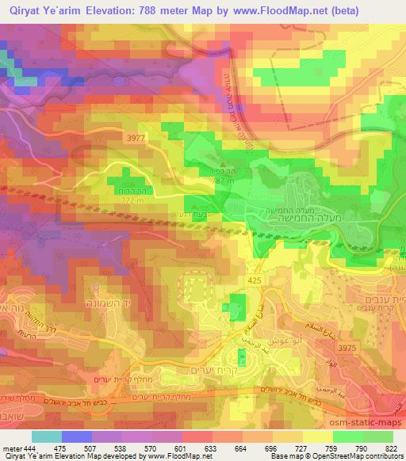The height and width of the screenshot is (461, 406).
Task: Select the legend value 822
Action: pos(393,448)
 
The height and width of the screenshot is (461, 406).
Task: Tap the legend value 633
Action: pos(213,448)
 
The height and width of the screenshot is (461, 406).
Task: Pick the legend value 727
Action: pos(302,448)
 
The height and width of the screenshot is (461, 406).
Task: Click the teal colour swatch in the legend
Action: pos(48,436)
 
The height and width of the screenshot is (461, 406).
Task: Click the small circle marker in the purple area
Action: pos(119,80)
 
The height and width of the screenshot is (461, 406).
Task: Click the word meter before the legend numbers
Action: pos(11,448)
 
